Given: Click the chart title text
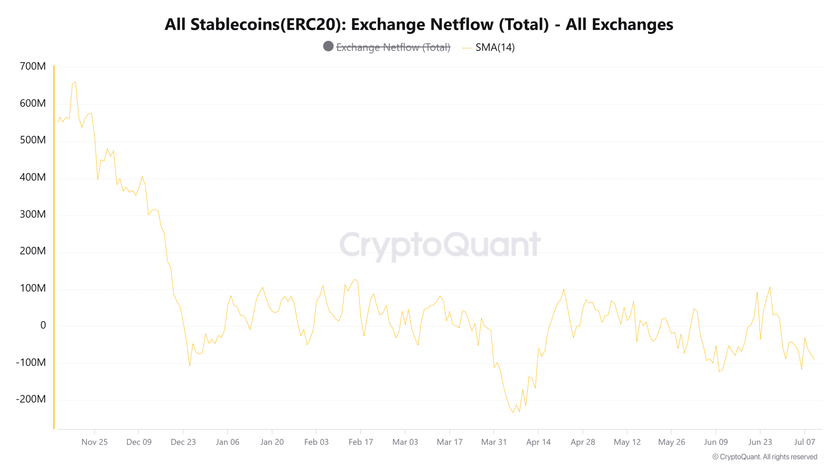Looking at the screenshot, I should [x=419, y=25].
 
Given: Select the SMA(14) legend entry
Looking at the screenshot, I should [x=495, y=47].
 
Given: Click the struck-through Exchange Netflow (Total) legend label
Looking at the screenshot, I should [x=393, y=47].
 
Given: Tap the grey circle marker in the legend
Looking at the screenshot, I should [x=328, y=46].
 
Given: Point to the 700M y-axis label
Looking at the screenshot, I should [x=33, y=66].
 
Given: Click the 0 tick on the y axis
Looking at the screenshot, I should [x=43, y=325].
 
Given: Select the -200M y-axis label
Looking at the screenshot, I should [x=31, y=399].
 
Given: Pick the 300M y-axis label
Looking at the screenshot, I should [x=33, y=214].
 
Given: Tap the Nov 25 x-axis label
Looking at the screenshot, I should [x=94, y=442].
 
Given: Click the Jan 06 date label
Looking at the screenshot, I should [x=228, y=442].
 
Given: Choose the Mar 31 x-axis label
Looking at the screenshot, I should [x=494, y=442].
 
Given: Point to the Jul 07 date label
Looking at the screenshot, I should [x=804, y=442].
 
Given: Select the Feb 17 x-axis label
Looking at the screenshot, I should [x=361, y=442].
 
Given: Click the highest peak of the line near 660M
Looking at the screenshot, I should [x=75, y=82].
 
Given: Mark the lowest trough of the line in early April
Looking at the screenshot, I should [x=513, y=412].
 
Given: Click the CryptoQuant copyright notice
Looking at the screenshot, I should [x=765, y=457].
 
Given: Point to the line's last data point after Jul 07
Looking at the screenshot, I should [x=814, y=359].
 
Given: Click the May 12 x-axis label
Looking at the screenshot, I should [x=627, y=442].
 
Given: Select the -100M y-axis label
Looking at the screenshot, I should [x=31, y=362].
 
